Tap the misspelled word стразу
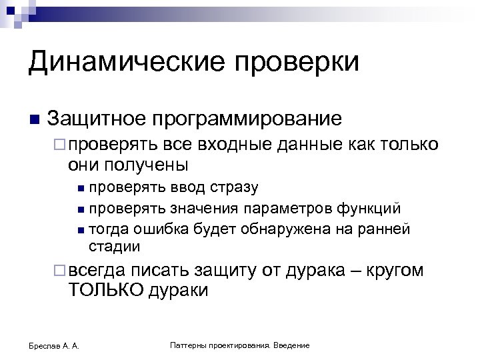click(x=234, y=188)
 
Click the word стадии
click(x=114, y=247)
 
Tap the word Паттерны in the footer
click(x=189, y=345)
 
